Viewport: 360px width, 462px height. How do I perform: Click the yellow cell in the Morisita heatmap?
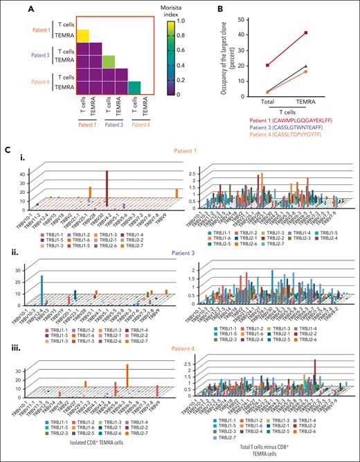coord(82,36)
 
